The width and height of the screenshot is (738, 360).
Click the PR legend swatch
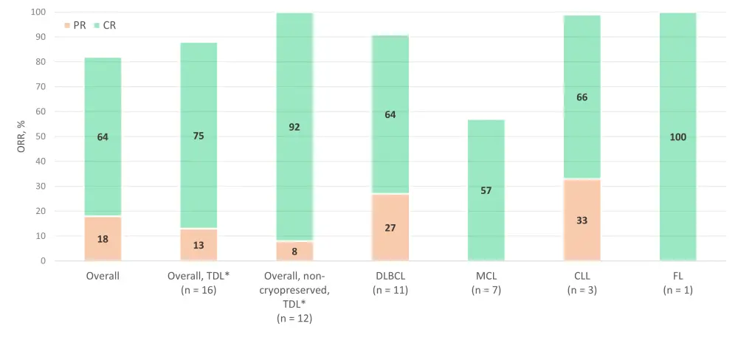[67, 25]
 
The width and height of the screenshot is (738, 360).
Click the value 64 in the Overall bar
[103, 136]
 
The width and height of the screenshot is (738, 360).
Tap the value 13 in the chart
[199, 245]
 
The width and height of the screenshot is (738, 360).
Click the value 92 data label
[294, 127]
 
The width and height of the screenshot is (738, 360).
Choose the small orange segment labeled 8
[294, 251]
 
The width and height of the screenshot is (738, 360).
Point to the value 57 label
[486, 190]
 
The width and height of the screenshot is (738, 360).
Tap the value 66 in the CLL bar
[582, 97]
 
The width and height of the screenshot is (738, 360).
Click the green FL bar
[677, 89]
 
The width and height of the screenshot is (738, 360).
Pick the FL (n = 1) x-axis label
[677, 283]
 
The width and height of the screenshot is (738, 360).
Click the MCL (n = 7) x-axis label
[486, 283]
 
